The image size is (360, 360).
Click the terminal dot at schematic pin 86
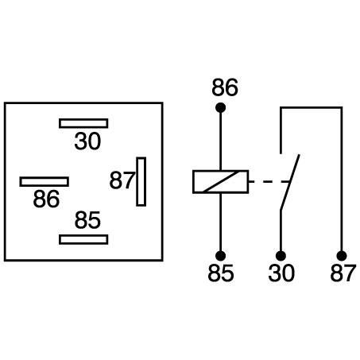point(220,108)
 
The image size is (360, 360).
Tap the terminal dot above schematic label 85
point(220,256)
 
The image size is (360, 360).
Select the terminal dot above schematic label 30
point(281,256)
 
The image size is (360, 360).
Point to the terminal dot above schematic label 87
point(342,256)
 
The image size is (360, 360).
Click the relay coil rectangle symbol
point(221,182)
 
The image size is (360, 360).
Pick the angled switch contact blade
point(290,182)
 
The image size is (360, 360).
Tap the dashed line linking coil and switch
point(269,182)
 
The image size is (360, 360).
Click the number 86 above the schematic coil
point(225,87)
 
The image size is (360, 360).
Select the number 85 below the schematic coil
point(221,273)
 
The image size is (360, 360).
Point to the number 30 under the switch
point(281,273)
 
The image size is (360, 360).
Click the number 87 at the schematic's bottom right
point(343,273)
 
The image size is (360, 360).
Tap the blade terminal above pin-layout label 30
point(83,123)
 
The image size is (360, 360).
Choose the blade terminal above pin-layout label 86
point(45,182)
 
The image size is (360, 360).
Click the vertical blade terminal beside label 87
point(141,182)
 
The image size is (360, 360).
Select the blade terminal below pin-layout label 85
point(83,239)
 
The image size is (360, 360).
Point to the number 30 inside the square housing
point(87,141)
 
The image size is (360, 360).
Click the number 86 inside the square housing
point(46,199)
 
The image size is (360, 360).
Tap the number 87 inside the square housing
point(122,180)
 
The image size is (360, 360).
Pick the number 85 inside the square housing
point(87,220)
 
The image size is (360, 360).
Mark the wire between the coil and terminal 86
point(220,141)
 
